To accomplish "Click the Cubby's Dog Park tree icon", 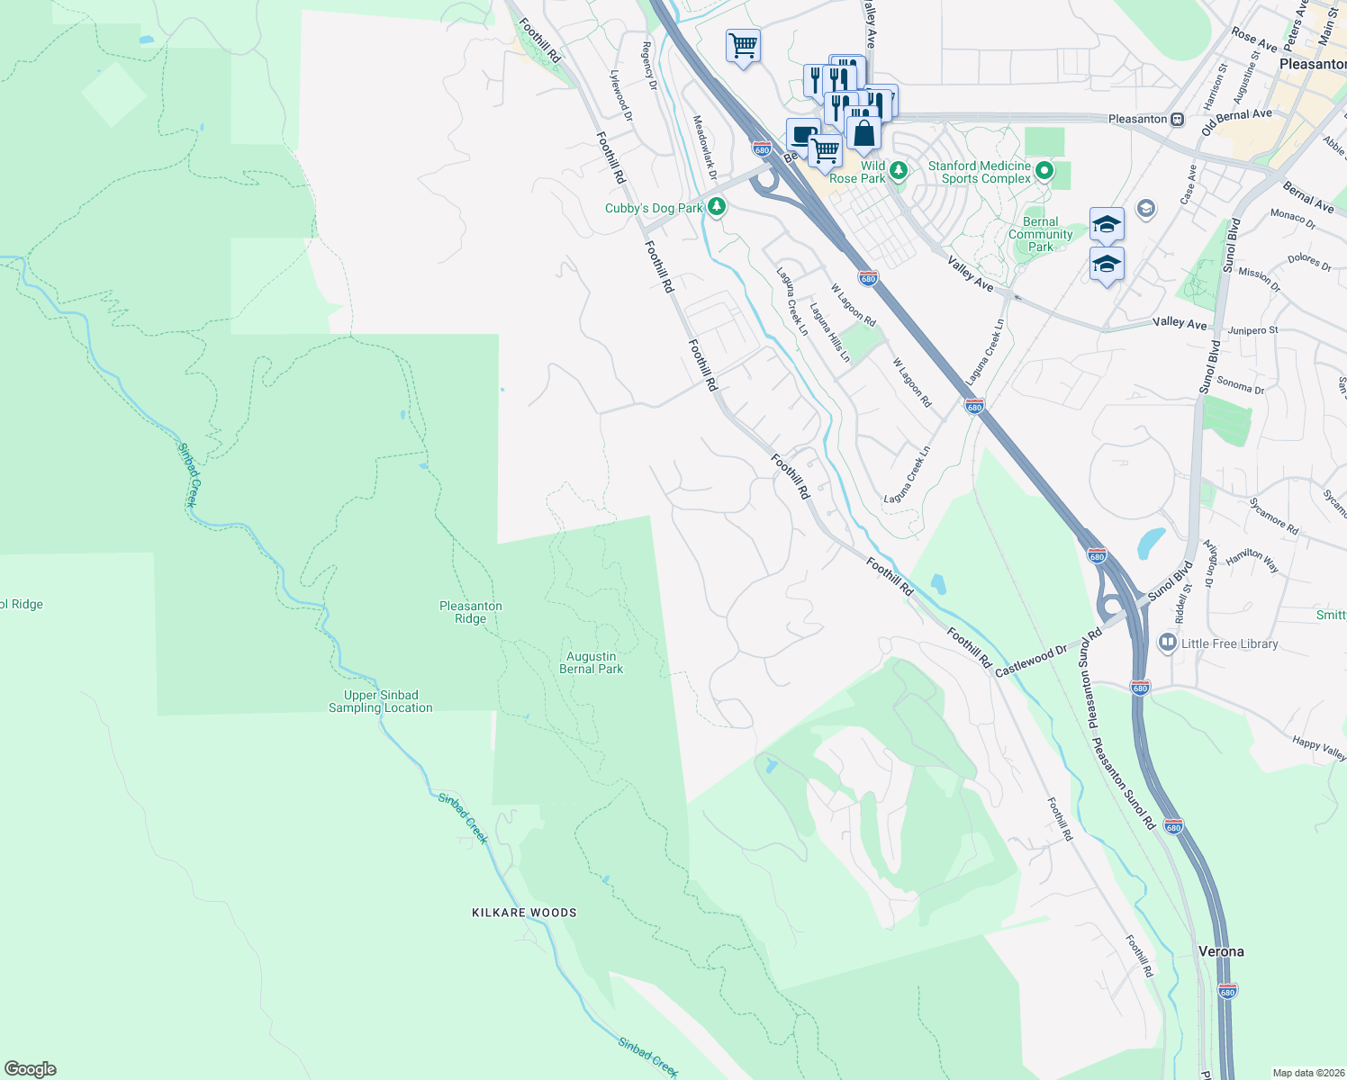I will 717,208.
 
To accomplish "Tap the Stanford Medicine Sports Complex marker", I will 1044,170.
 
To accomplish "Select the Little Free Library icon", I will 1168,643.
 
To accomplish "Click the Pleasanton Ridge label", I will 471,612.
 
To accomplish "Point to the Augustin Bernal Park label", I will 591,662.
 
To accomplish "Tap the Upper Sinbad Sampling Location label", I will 381,701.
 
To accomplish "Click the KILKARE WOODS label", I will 524,913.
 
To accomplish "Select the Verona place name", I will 1221,951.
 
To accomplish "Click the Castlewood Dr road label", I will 1031,660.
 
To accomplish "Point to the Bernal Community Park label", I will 1041,234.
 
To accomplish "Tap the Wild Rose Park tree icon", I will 898,170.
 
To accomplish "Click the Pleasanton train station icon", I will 1177,119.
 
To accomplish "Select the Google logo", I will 31,1069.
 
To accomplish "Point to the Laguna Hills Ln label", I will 829,332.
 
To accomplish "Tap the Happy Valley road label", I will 1319,747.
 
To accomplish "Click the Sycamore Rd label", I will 1273,517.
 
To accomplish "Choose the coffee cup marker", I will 803,134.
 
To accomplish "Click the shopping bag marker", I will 863,133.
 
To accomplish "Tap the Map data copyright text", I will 1308,1073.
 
